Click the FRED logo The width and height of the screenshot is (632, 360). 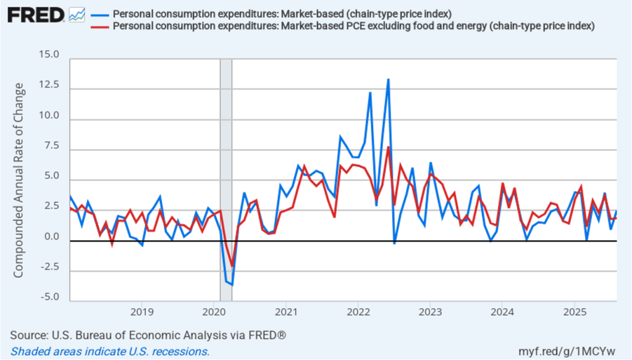36,15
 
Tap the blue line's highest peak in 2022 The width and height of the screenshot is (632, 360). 388,80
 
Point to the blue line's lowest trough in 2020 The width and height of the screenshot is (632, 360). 232,285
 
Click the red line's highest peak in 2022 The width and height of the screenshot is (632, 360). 388,147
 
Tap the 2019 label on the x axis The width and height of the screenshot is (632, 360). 141,312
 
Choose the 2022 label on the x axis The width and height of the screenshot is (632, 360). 358,312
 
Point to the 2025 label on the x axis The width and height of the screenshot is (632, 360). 575,312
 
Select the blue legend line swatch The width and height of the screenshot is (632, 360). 99,14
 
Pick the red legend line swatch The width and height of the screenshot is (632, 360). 99,26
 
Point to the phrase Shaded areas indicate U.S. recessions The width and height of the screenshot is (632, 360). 110,351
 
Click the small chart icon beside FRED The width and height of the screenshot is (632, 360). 77,14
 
